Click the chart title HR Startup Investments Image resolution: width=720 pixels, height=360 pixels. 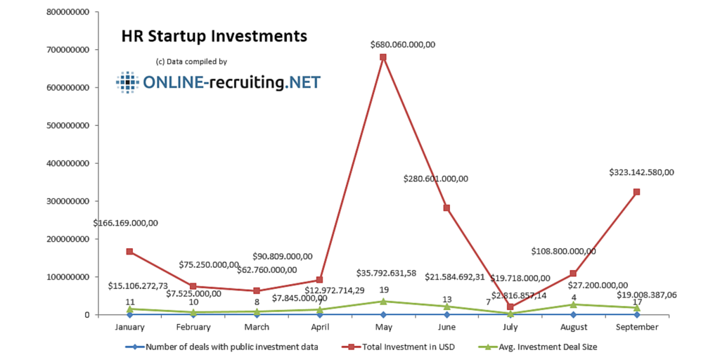[x=214, y=35]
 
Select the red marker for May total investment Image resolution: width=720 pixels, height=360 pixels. [x=383, y=57]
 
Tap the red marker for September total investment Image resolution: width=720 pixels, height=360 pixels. [x=636, y=192]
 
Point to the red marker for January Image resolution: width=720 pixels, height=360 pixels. [x=129, y=252]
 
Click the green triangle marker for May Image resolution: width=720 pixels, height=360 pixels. [x=383, y=301]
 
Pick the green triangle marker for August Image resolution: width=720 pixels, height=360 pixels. [x=573, y=304]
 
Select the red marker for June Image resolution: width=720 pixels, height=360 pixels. [x=446, y=208]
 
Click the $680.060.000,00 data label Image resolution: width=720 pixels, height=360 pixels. [x=403, y=44]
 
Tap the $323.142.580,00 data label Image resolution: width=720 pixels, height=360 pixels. [x=641, y=172]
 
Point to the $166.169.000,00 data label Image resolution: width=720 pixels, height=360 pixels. [x=125, y=223]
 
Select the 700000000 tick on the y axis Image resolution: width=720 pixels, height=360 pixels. [x=68, y=50]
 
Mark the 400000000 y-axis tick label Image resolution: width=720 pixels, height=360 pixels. [x=68, y=163]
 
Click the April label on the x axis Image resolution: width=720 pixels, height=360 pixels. [x=320, y=327]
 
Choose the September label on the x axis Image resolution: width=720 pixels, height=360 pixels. [x=636, y=327]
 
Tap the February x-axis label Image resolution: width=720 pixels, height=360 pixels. [x=193, y=327]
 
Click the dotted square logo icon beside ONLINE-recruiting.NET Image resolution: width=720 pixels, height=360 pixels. [x=128, y=83]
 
